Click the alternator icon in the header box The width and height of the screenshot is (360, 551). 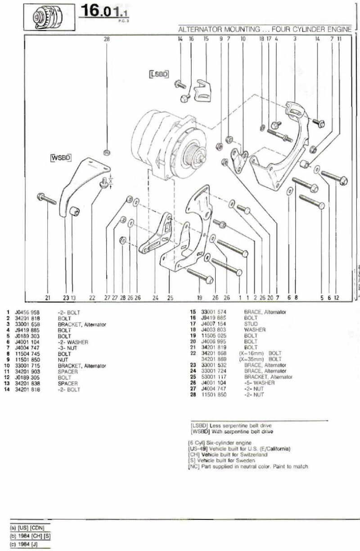(47, 18)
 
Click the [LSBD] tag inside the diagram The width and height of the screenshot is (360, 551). (159, 73)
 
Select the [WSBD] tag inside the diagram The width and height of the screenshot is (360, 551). (59, 158)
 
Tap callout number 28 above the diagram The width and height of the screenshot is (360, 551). (107, 39)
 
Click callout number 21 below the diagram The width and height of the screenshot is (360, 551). (48, 297)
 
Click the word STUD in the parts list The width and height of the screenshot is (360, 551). (251, 324)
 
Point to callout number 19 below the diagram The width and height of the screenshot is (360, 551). (199, 297)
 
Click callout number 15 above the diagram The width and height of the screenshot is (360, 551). (206, 39)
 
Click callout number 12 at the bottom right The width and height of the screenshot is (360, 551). (337, 297)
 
